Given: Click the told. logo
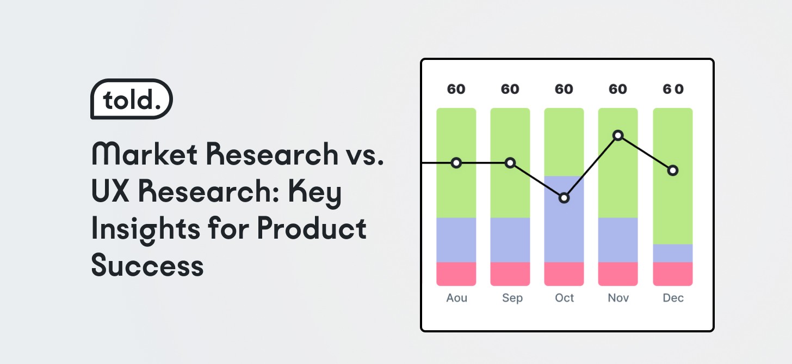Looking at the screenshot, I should [x=131, y=99].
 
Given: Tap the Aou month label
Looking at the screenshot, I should [x=456, y=298].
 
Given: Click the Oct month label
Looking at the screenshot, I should [x=564, y=298].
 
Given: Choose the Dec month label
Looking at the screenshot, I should [x=673, y=298].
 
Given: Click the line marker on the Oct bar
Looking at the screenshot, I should [x=564, y=198].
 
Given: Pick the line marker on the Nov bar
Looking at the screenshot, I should [x=618, y=135].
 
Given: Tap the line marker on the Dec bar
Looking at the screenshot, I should [x=673, y=171].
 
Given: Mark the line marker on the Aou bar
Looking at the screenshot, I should [x=456, y=163].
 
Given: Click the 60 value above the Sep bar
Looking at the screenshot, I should [x=510, y=89].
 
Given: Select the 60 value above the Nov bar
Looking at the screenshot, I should [x=618, y=89].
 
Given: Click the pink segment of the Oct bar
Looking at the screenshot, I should [x=564, y=274].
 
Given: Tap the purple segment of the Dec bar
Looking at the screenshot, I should [x=673, y=253].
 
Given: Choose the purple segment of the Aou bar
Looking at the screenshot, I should [x=456, y=240].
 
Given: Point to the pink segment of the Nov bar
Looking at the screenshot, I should [x=618, y=274].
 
